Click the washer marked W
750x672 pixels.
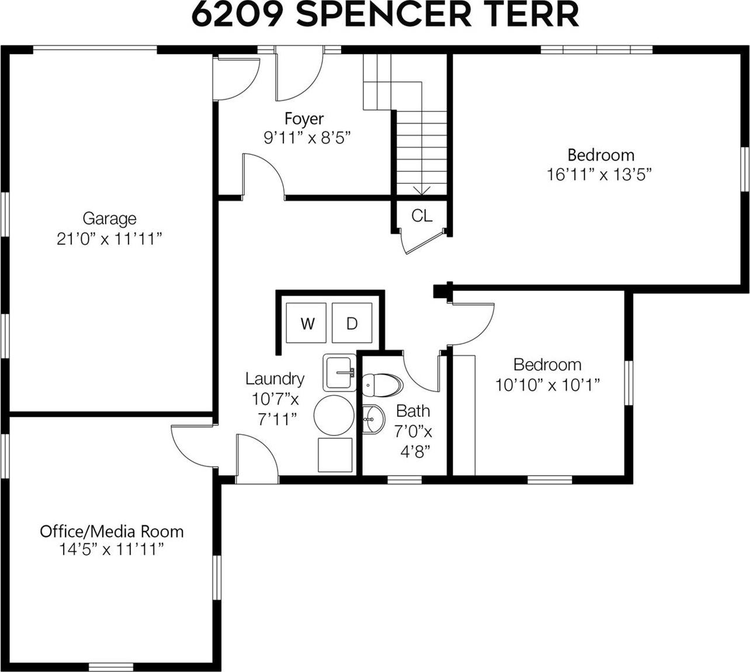[x=307, y=323]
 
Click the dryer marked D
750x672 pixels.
[x=352, y=323]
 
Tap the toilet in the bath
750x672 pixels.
[x=382, y=385]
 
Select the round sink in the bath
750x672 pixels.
[x=373, y=420]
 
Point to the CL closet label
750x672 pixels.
[x=422, y=216]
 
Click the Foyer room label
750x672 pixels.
[x=304, y=119]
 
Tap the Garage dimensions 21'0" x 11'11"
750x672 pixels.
[x=109, y=238]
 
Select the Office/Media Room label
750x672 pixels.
[x=112, y=531]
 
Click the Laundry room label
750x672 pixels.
[x=275, y=379]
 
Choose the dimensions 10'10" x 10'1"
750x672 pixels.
[x=547, y=385]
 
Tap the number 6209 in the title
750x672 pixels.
[x=239, y=15]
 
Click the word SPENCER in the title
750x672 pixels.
[x=384, y=15]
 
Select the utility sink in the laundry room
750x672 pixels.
[x=339, y=372]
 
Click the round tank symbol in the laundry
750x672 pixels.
[x=334, y=415]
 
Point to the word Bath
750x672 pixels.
[x=413, y=411]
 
